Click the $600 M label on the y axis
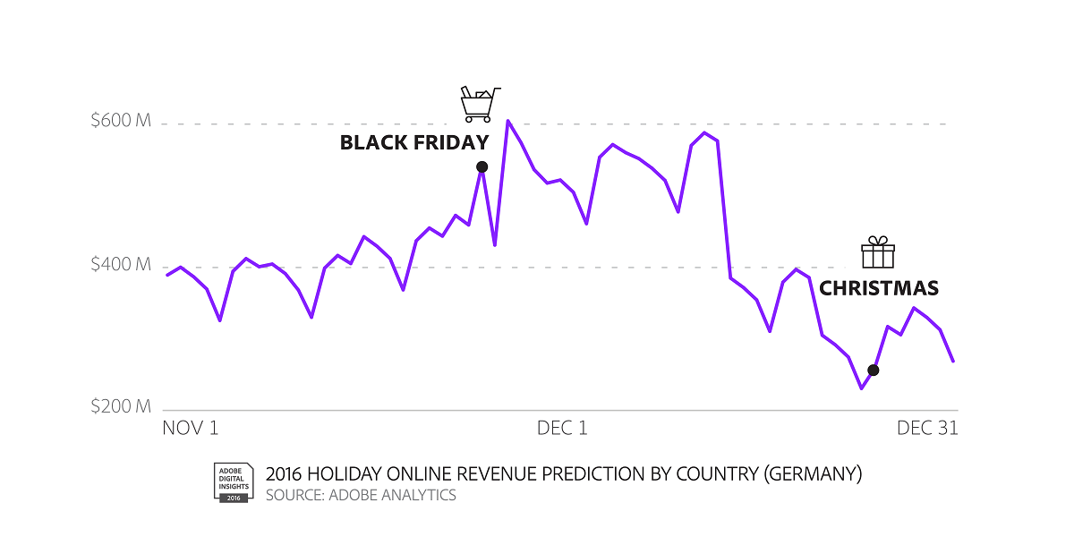point(121,121)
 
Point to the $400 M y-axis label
point(121,265)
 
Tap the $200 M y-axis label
point(121,407)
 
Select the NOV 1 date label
point(191,429)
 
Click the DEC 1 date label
point(562,429)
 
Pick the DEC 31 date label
point(927,429)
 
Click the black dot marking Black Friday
point(482,166)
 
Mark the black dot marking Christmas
point(874,370)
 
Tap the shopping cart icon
point(478,104)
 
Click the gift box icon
point(878,253)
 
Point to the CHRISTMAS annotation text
point(879,289)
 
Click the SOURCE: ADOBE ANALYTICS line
point(361,495)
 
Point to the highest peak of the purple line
point(507,120)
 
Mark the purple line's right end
point(953,362)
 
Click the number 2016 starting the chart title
point(284,473)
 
